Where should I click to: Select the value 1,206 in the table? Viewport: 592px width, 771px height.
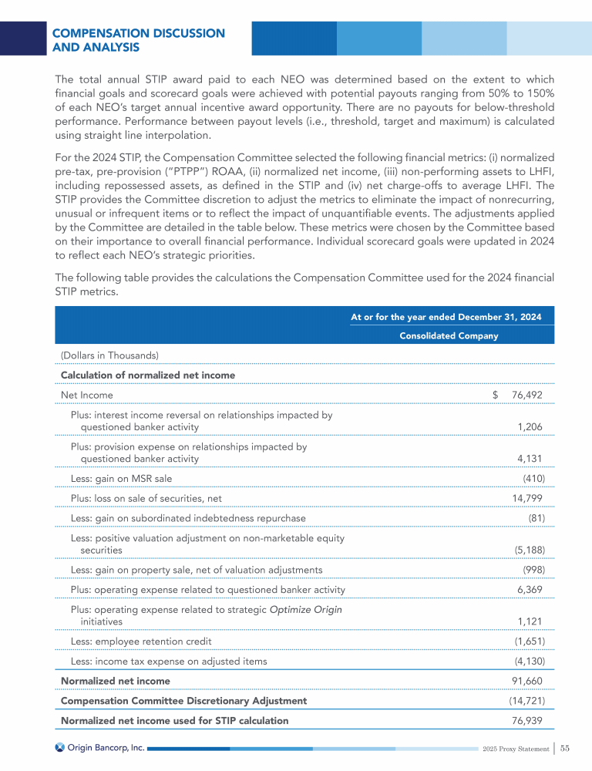[x=531, y=427]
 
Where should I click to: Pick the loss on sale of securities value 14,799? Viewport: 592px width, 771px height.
[x=529, y=498]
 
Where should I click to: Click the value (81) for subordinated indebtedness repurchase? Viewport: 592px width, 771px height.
[x=536, y=518]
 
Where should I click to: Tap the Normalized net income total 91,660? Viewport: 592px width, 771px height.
[x=529, y=681]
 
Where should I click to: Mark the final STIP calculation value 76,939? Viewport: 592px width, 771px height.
[x=529, y=721]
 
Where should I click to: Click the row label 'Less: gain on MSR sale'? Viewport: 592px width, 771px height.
[x=121, y=478]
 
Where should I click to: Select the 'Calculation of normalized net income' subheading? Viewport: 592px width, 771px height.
[x=148, y=375]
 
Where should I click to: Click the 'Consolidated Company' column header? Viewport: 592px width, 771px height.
[x=449, y=336]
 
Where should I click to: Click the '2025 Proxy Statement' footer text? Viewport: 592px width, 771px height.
[x=514, y=749]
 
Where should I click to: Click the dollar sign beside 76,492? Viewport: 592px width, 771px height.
[x=496, y=396]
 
